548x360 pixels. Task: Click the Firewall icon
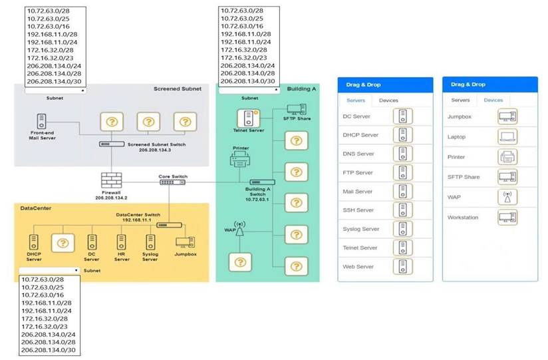coord(112,180)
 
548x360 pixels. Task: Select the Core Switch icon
coord(172,182)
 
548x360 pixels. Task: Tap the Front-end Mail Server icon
coord(42,121)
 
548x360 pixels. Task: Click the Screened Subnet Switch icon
coord(112,144)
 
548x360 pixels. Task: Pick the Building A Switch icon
coord(262,182)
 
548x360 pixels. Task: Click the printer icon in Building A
coord(239,159)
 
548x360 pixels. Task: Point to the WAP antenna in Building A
coord(239,228)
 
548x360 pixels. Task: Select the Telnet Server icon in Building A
coord(248,118)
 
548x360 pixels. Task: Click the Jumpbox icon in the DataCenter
coord(186,242)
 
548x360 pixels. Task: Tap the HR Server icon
coord(121,242)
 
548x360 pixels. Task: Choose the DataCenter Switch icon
coord(169,225)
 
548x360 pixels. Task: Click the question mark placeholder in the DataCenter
coord(63,243)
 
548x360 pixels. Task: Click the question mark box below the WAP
coord(240,262)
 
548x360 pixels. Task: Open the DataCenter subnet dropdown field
coord(49,270)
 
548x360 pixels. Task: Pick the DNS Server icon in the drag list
coord(402,154)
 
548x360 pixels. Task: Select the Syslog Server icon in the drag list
coord(402,229)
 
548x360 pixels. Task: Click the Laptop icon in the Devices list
coord(507,137)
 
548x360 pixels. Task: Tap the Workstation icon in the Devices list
coord(507,217)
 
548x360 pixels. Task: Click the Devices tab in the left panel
coord(388,100)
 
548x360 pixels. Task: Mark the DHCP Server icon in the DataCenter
coord(34,242)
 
